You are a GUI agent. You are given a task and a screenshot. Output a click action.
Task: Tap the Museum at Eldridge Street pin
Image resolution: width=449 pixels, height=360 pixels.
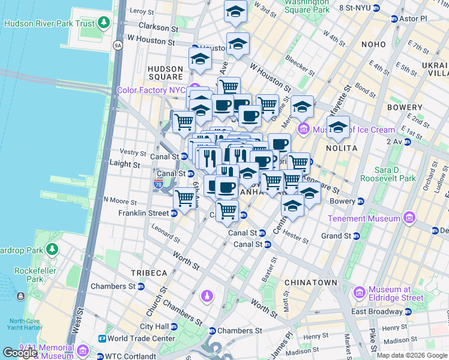click(360, 293)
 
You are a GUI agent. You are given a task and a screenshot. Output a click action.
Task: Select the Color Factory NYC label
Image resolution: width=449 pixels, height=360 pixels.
click(151, 90)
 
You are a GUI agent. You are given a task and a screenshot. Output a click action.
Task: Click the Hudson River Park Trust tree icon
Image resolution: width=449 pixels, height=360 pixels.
click(104, 23)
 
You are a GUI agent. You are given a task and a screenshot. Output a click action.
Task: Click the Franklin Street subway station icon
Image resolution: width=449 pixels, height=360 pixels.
click(174, 213)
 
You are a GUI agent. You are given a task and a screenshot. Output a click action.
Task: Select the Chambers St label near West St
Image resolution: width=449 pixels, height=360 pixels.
click(113, 287)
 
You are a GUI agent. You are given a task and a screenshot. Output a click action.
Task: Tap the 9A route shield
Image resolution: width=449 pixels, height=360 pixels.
click(118, 45)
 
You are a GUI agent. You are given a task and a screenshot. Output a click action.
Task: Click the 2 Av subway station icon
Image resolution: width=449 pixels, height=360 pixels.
click(408, 142)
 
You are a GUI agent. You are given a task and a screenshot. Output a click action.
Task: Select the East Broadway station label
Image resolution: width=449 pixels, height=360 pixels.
click(376, 311)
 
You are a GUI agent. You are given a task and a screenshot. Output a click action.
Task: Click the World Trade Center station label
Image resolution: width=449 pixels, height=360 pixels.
click(141, 338)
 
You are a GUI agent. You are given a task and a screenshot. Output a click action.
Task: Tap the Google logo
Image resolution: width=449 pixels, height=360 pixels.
click(21, 352)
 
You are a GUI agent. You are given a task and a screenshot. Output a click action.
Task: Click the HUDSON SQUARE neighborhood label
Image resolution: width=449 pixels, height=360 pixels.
click(165, 73)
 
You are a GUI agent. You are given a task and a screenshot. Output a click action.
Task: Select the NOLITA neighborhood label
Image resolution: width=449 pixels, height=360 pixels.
click(341, 148)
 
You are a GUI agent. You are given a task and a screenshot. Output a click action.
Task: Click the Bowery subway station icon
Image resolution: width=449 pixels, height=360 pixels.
click(361, 201)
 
